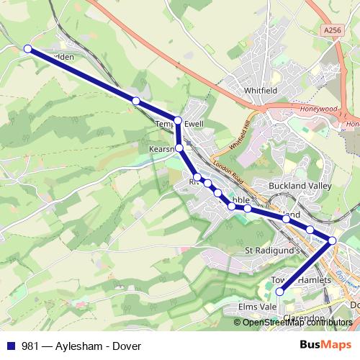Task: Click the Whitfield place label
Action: click(260, 90)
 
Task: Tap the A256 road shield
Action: click(331, 30)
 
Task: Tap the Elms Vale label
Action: click(257, 306)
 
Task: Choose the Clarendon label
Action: click(304, 318)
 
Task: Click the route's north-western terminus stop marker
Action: click(27, 49)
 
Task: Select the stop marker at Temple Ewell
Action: click(178, 120)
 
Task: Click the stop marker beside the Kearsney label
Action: click(179, 148)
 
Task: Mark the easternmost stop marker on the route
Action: click(333, 240)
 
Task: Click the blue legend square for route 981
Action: click(11, 346)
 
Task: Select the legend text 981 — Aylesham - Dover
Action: click(81, 346)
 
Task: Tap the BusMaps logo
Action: click(325, 345)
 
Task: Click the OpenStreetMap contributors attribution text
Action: click(297, 323)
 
